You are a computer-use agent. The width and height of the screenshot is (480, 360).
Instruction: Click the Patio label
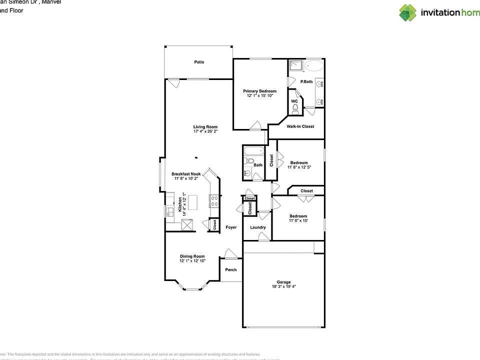click(199, 62)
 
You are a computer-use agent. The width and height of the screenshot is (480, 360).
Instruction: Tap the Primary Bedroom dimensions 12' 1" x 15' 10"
click(259, 95)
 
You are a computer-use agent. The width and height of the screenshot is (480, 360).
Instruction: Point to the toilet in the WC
click(295, 108)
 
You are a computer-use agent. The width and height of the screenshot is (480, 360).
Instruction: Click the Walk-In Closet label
click(300, 126)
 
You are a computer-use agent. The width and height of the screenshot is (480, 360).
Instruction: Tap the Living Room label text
click(205, 127)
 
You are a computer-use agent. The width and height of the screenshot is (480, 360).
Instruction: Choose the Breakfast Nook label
click(185, 174)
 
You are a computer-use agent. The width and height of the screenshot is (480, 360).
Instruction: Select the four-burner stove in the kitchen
click(213, 201)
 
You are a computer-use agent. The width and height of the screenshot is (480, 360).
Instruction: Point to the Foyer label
click(231, 227)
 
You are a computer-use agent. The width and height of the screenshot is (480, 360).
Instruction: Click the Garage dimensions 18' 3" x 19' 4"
click(283, 286)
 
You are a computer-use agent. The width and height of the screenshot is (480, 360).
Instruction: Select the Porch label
click(231, 270)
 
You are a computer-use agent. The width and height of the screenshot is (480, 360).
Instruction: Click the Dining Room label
click(192, 256)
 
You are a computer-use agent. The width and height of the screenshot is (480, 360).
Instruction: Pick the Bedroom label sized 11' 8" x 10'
click(298, 216)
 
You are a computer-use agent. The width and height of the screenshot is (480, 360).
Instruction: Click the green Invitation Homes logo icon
click(407, 12)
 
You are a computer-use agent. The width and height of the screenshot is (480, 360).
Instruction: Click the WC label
click(294, 101)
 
